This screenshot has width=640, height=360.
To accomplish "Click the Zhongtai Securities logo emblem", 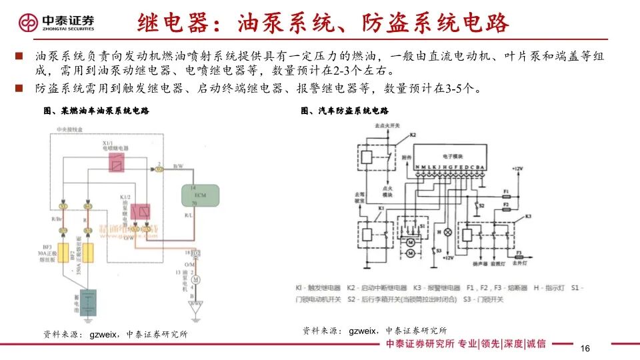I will [28, 23].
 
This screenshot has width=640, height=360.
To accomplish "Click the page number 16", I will [586, 349].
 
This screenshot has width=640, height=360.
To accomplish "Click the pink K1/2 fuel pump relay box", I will [142, 212].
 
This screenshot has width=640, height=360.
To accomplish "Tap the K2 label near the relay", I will [413, 135].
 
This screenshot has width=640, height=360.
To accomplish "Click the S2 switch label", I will [480, 207].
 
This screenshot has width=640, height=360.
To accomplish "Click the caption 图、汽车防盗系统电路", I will [345, 111].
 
